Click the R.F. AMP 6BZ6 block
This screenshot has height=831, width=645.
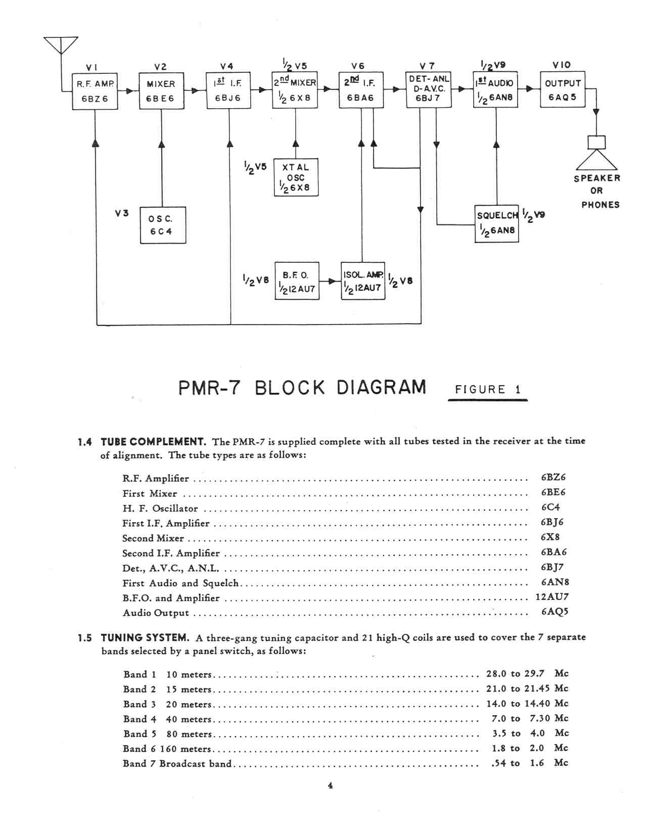[x=95, y=91]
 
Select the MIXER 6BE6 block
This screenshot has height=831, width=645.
[x=161, y=91]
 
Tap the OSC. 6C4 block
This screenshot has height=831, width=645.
[x=162, y=225]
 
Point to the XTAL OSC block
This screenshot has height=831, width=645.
[x=296, y=177]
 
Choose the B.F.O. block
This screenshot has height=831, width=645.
[x=297, y=281]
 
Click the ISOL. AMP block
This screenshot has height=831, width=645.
[x=362, y=281]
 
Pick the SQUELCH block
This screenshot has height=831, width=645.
[x=496, y=223]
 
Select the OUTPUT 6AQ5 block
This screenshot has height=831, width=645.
[x=562, y=90]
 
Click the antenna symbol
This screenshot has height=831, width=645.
[x=61, y=44]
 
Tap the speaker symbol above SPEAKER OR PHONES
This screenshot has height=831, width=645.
[x=596, y=154]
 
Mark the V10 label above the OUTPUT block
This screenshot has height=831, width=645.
[x=562, y=65]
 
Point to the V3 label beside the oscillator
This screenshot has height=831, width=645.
[x=121, y=213]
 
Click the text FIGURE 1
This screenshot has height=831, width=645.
[x=487, y=389]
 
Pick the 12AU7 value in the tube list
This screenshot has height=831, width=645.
[x=551, y=597]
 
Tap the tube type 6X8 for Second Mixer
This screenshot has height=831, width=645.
[x=550, y=537]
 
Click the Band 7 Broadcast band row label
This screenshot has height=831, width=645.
[x=177, y=763]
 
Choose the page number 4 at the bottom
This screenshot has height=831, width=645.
[x=330, y=786]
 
